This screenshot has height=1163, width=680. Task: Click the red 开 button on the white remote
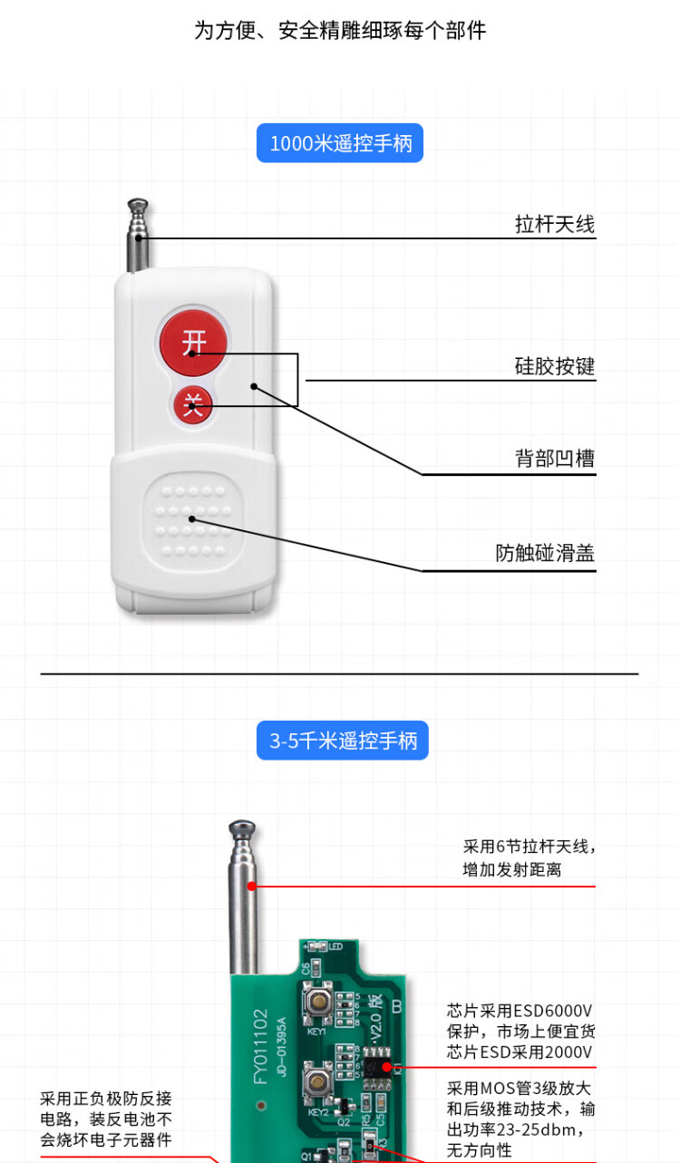[193, 342]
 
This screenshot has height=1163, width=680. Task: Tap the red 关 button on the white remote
[193, 404]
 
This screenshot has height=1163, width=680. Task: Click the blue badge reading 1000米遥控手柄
[340, 143]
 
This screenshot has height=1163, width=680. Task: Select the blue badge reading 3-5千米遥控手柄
[343, 741]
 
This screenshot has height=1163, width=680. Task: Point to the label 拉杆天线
[554, 224]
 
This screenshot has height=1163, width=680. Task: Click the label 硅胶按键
[554, 366]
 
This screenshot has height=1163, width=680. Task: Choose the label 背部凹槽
[554, 459]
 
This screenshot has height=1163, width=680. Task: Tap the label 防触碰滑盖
[544, 553]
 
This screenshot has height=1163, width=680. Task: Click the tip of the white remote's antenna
[138, 201]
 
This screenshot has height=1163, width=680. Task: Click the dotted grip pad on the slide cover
[193, 520]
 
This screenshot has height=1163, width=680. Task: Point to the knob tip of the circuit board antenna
[242, 825]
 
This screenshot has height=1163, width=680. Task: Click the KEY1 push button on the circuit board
[318, 1001]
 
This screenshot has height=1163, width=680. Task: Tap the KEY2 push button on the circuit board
[317, 1083]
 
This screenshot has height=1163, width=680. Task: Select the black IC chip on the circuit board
[376, 1067]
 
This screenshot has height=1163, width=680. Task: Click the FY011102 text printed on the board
[260, 1046]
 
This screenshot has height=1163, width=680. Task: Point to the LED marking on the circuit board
[335, 946]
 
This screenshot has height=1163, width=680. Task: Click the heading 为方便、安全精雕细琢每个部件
[340, 31]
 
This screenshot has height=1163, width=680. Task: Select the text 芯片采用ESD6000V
[520, 1011]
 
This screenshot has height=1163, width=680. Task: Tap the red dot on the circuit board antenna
[252, 887]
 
